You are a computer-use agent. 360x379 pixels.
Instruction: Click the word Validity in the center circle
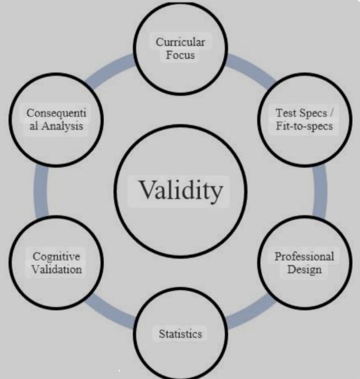(180, 190)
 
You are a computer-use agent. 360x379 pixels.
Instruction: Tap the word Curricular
(180, 42)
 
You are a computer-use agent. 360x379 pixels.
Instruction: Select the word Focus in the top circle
(180, 55)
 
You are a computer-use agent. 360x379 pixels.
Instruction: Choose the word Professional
(304, 257)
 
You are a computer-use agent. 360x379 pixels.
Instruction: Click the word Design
(304, 269)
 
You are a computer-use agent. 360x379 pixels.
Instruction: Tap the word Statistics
(180, 334)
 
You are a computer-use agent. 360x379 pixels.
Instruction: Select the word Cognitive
(56, 257)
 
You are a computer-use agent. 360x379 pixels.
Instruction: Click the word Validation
(56, 269)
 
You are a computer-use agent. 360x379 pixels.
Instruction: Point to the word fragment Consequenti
(56, 112)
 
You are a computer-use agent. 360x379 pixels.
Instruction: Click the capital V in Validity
(146, 191)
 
